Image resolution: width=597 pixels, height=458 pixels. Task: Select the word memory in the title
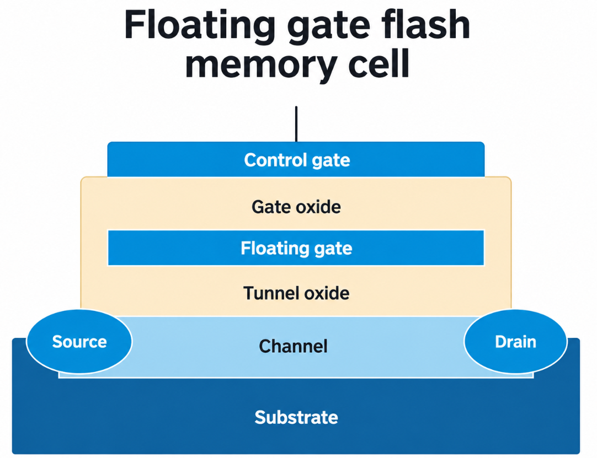[260, 64]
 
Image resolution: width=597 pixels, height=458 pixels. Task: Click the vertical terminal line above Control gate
[296, 124]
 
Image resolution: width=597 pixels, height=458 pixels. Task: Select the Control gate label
[297, 160]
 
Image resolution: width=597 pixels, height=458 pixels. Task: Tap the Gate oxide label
[296, 207]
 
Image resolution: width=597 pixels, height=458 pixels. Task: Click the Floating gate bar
[296, 247]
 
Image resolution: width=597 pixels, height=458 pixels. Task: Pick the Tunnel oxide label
[296, 293]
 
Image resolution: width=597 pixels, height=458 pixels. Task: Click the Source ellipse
[79, 342]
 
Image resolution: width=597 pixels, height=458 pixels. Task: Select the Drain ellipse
[515, 342]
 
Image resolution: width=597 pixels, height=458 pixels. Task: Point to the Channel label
[293, 346]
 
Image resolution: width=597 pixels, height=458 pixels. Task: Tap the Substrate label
[296, 417]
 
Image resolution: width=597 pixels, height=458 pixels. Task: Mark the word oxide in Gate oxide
[318, 207]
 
